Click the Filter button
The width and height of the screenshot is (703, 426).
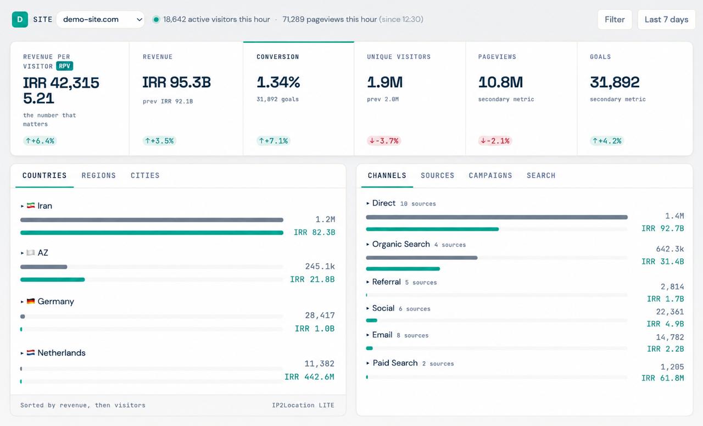pyautogui.click(x=615, y=19)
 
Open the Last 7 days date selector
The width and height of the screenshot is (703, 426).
pyautogui.click(x=666, y=19)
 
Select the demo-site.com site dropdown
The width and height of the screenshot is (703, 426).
pyautogui.click(x=101, y=19)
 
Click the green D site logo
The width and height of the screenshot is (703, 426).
pyautogui.click(x=20, y=19)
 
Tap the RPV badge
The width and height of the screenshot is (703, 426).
pyautogui.click(x=65, y=66)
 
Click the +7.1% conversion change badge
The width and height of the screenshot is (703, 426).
pyautogui.click(x=274, y=141)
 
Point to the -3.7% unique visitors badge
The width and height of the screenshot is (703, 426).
pyautogui.click(x=384, y=141)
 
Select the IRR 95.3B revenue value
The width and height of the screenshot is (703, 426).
pyautogui.click(x=176, y=82)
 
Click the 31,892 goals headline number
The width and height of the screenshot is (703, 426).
pyautogui.click(x=615, y=82)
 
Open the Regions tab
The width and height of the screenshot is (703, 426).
pyautogui.click(x=98, y=175)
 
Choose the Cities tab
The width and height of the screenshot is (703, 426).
pyautogui.click(x=145, y=175)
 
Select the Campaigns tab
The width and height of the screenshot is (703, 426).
pyautogui.click(x=490, y=175)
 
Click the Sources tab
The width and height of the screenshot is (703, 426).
pyautogui.click(x=438, y=175)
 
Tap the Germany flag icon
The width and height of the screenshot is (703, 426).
pyautogui.click(x=31, y=301)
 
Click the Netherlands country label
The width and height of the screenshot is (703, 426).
pyautogui.click(x=62, y=353)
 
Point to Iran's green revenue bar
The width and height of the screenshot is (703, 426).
pyautogui.click(x=152, y=233)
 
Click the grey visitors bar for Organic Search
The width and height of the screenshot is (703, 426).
pyautogui.click(x=421, y=258)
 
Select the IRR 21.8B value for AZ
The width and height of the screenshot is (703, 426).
pyautogui.click(x=313, y=279)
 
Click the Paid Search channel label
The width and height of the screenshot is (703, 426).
pyautogui.click(x=395, y=363)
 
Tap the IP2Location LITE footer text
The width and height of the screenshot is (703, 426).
pyautogui.click(x=303, y=405)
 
